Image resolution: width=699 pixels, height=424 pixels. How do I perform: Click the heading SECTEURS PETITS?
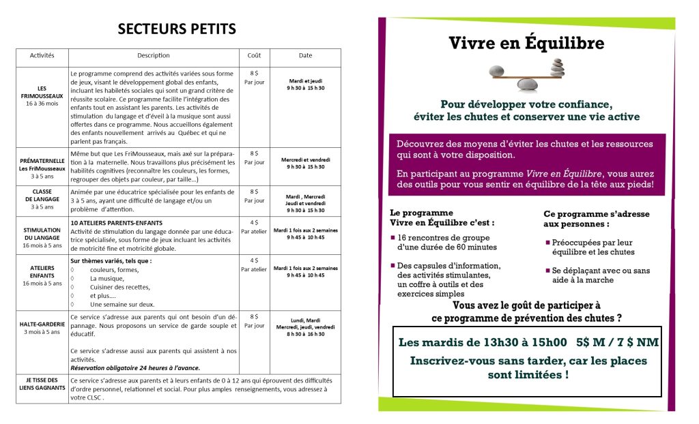(177, 29)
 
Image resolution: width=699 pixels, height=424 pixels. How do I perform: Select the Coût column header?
(254, 55)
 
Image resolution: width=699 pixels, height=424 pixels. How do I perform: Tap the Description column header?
(153, 55)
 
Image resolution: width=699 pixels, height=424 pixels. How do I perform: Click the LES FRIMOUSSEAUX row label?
(42, 96)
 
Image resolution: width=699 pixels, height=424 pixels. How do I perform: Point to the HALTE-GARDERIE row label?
(42, 328)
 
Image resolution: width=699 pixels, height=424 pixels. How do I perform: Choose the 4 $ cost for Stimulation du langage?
(254, 222)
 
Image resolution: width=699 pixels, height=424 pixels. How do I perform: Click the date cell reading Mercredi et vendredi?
(305, 163)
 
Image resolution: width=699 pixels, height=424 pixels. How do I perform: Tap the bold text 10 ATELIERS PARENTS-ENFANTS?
(117, 223)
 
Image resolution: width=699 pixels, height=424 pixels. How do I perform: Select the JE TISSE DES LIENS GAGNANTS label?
(42, 384)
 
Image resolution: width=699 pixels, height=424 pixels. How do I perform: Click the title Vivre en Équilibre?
(526, 44)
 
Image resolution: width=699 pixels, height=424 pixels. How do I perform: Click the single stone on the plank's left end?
(497, 70)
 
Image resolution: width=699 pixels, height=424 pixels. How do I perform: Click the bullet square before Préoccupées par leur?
(548, 242)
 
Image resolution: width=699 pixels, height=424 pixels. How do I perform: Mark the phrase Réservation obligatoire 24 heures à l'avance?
(135, 368)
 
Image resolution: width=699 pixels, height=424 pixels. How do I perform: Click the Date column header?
(305, 55)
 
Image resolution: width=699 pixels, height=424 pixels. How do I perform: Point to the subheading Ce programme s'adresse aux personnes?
(596, 219)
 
